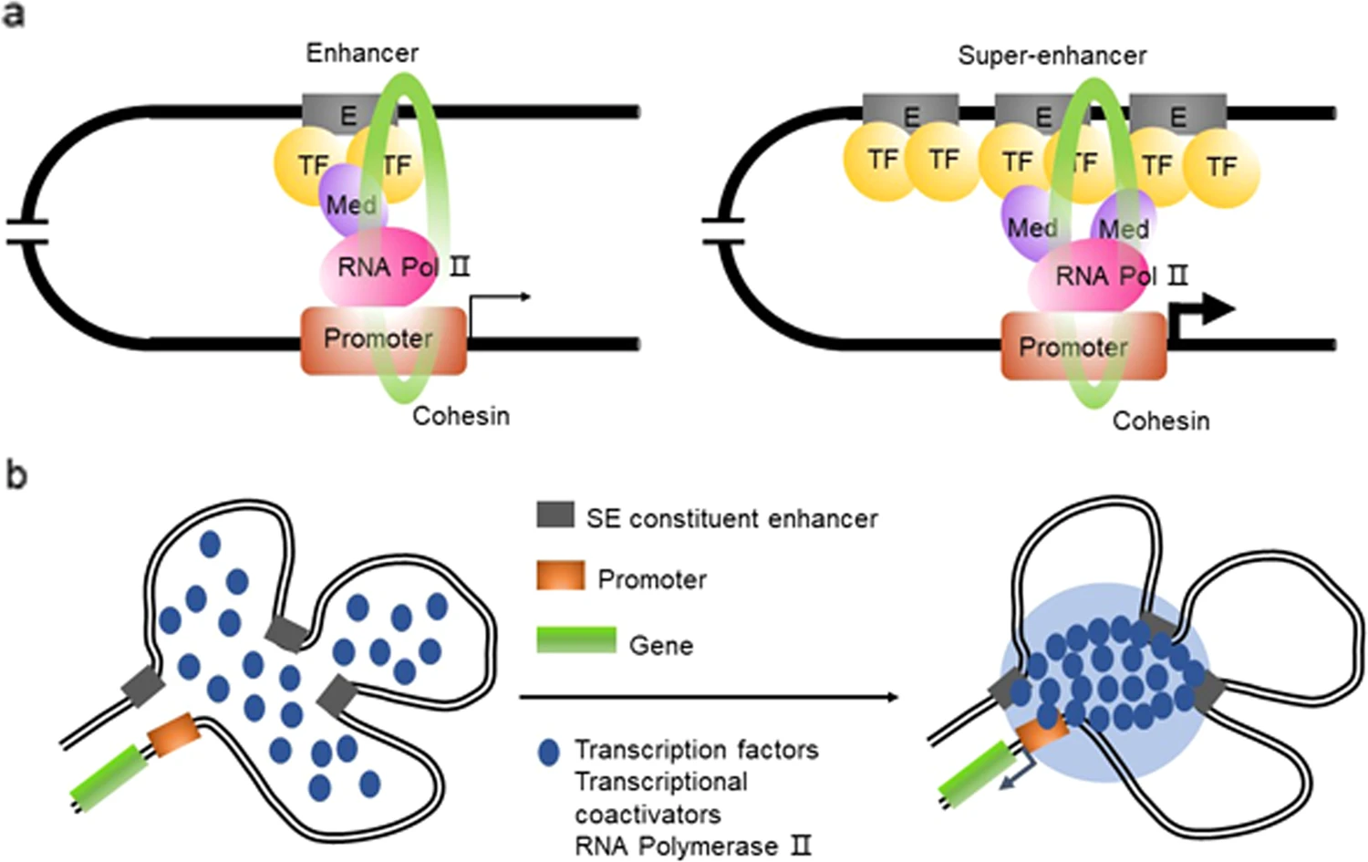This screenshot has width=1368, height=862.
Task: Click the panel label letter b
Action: (16, 475)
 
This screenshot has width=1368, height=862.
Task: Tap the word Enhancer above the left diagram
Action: (362, 53)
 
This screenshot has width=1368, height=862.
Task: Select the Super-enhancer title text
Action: (1052, 56)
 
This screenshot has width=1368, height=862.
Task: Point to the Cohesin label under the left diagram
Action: (461, 416)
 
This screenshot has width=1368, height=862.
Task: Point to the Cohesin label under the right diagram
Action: (1161, 421)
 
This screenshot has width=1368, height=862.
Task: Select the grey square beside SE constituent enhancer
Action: (554, 515)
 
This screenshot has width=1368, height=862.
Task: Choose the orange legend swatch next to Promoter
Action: (560, 576)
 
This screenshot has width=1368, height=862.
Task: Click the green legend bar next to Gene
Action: (575, 640)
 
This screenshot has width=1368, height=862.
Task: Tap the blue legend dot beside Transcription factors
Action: (548, 752)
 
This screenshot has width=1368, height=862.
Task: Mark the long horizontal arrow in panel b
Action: (708, 698)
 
